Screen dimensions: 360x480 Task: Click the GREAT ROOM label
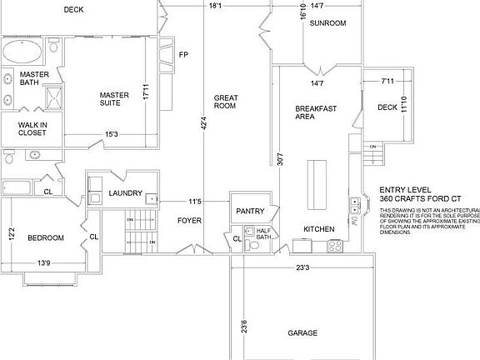[225, 101]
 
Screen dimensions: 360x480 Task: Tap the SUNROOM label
[327, 23]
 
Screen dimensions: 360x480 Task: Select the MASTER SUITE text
[114, 99]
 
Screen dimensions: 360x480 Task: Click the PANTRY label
[250, 211]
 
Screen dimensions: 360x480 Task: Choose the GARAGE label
[302, 333]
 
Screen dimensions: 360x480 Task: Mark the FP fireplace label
[183, 55]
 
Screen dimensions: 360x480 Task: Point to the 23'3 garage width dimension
[302, 268]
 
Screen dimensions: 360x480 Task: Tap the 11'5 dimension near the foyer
[194, 202]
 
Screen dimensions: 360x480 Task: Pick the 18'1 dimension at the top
[215, 7]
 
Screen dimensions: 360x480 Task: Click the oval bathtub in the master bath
[22, 53]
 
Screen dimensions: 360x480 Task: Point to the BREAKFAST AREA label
[316, 112]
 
